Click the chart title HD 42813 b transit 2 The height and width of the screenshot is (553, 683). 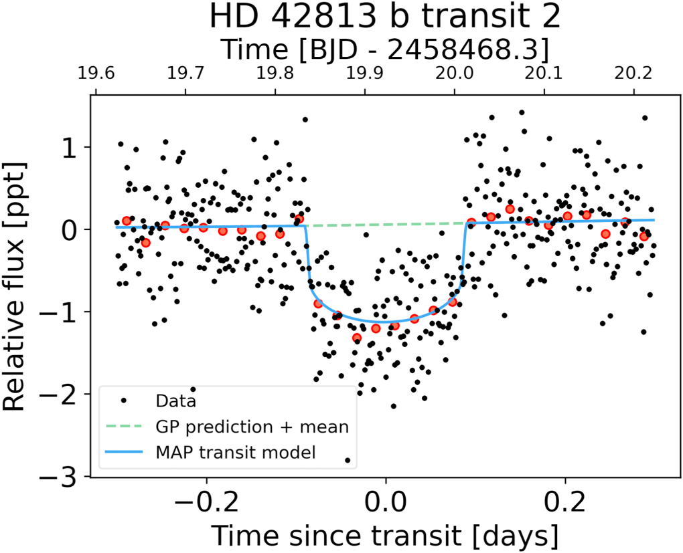click(384, 17)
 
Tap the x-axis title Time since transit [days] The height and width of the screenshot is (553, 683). click(385, 535)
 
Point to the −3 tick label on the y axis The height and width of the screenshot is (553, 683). click(64, 476)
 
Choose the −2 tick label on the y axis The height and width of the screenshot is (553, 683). click(64, 394)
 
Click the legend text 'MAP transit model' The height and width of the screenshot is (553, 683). click(235, 453)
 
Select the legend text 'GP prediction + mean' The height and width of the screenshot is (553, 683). click(252, 427)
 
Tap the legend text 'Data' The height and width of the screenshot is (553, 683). click(175, 401)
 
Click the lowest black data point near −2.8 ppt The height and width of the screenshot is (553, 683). click(348, 460)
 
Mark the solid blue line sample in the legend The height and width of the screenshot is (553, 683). click(123, 453)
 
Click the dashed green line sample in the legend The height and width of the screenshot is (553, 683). click(123, 427)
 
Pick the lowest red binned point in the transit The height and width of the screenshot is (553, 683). click(357, 338)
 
